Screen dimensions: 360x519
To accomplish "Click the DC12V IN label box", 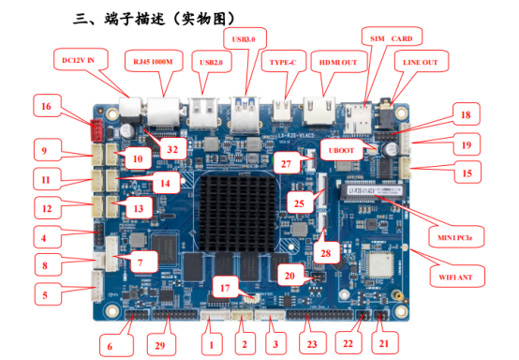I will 84,60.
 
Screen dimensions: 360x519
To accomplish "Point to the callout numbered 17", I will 224,287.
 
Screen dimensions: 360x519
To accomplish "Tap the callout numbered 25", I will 301,202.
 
